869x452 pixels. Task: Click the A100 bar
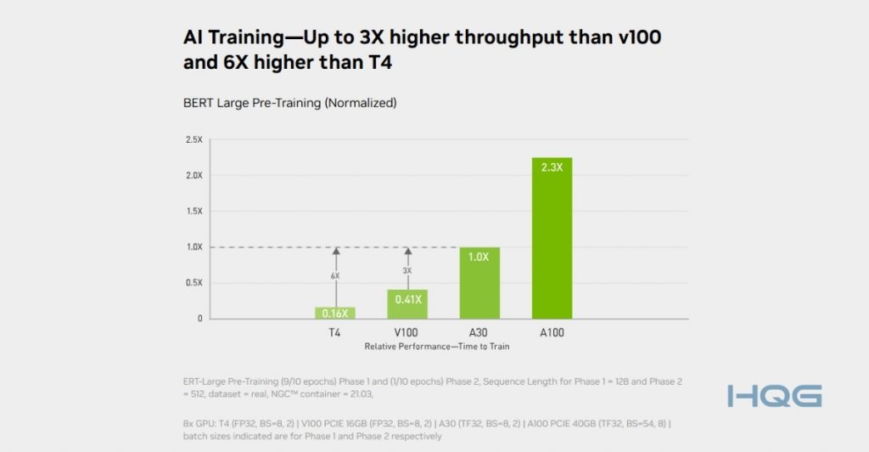[552, 246]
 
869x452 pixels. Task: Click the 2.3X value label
[552, 167]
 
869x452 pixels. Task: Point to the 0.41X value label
[407, 299]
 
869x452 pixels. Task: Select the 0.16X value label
[335, 313]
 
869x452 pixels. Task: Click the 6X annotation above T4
[335, 276]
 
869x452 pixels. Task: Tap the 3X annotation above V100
[407, 270]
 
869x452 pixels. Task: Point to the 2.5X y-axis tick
[193, 139]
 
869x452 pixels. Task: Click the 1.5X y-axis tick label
[193, 211]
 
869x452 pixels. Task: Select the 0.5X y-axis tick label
[193, 283]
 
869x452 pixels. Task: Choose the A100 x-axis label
[552, 333]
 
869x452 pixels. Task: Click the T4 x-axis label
[335, 333]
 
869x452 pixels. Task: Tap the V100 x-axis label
[407, 333]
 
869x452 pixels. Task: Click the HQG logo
[774, 396]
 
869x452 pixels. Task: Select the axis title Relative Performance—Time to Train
[436, 347]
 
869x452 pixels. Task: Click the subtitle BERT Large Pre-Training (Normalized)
[289, 103]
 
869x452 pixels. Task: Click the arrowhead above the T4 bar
[335, 251]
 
